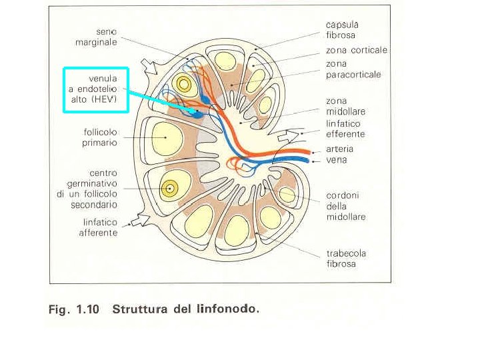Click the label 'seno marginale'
click(97, 37)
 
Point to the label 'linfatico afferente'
click(98, 227)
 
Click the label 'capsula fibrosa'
click(341, 29)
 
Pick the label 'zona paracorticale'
click(353, 69)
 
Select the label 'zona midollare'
click(345, 106)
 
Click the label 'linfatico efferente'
click(345, 128)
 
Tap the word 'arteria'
click(339, 149)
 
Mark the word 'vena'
click(336, 160)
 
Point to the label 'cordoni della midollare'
click(345, 206)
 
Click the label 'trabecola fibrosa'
click(345, 259)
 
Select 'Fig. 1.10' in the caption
click(73, 309)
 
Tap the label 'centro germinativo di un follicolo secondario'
click(92, 189)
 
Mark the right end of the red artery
click(309, 151)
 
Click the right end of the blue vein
click(309, 160)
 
